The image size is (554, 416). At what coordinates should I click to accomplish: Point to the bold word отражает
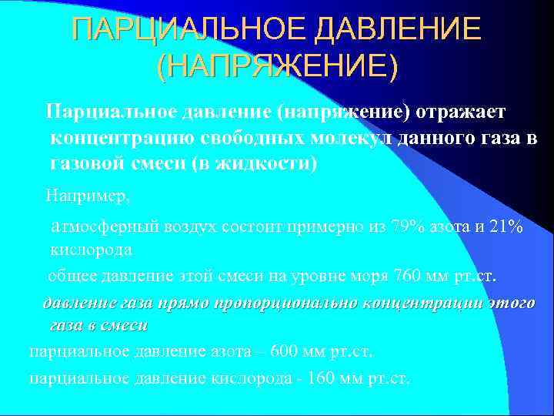click(x=462, y=112)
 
